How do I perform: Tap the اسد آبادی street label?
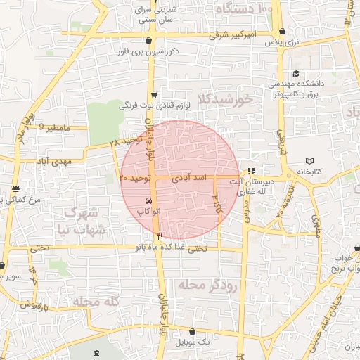(188, 179)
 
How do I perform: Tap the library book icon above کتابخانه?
(310, 162)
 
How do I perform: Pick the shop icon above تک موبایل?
(192, 330)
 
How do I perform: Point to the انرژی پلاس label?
(278, 43)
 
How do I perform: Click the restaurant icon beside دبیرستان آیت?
(251, 171)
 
